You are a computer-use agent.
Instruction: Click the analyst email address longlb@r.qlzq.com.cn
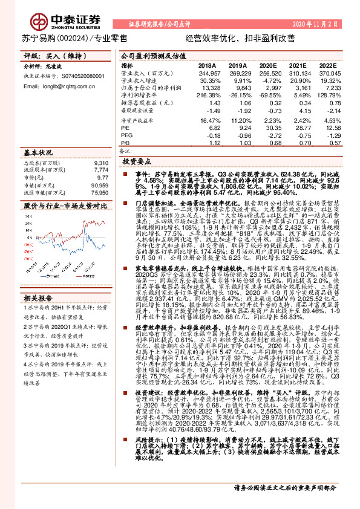click(x=53, y=86)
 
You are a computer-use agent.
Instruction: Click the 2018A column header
click(x=207, y=65)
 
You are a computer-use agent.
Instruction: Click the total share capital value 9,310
click(x=102, y=163)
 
